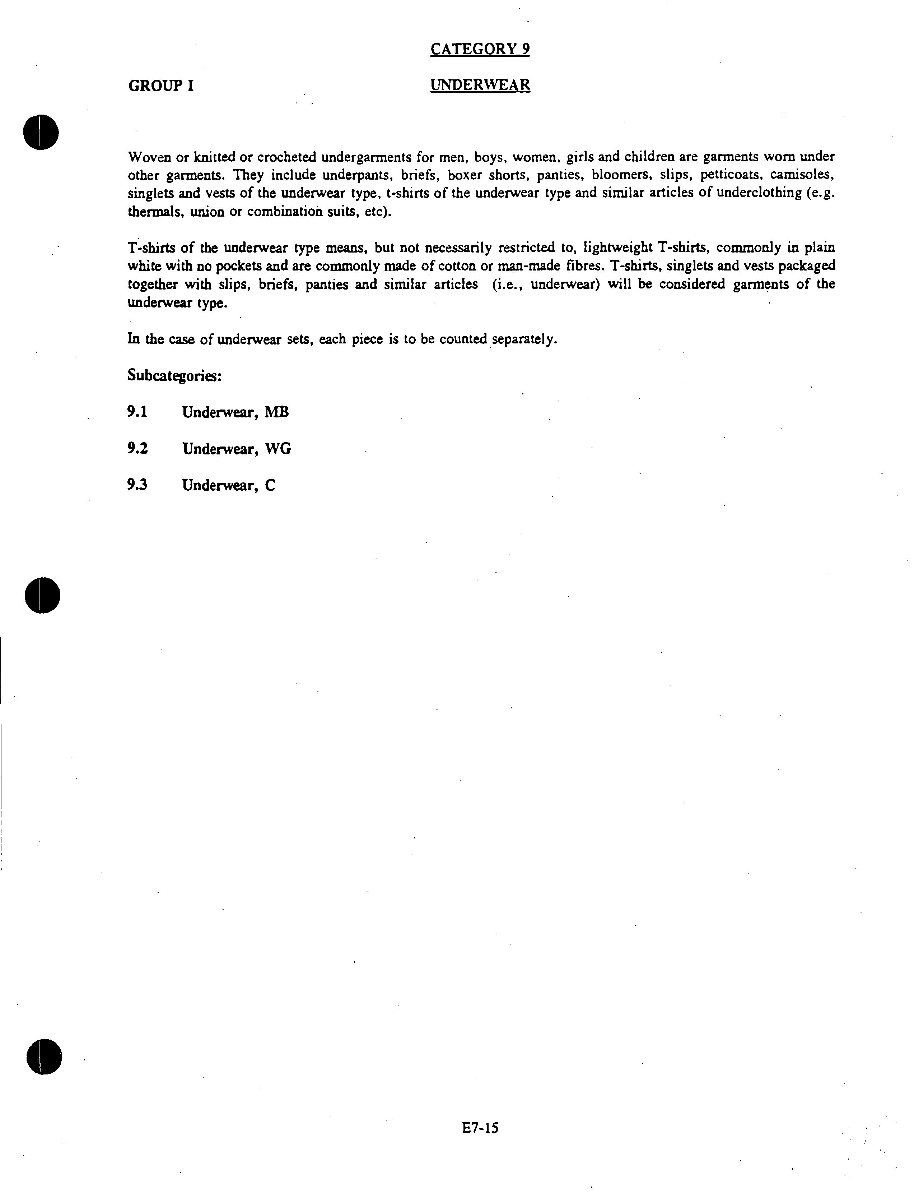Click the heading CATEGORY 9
[x=480, y=50]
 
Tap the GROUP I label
[x=161, y=86]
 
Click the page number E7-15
[x=480, y=1128]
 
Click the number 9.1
[x=137, y=412]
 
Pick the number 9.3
[x=137, y=485]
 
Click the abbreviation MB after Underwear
[x=276, y=412]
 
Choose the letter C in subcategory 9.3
[x=270, y=485]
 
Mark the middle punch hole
[x=42, y=595]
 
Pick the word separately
[x=524, y=339]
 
